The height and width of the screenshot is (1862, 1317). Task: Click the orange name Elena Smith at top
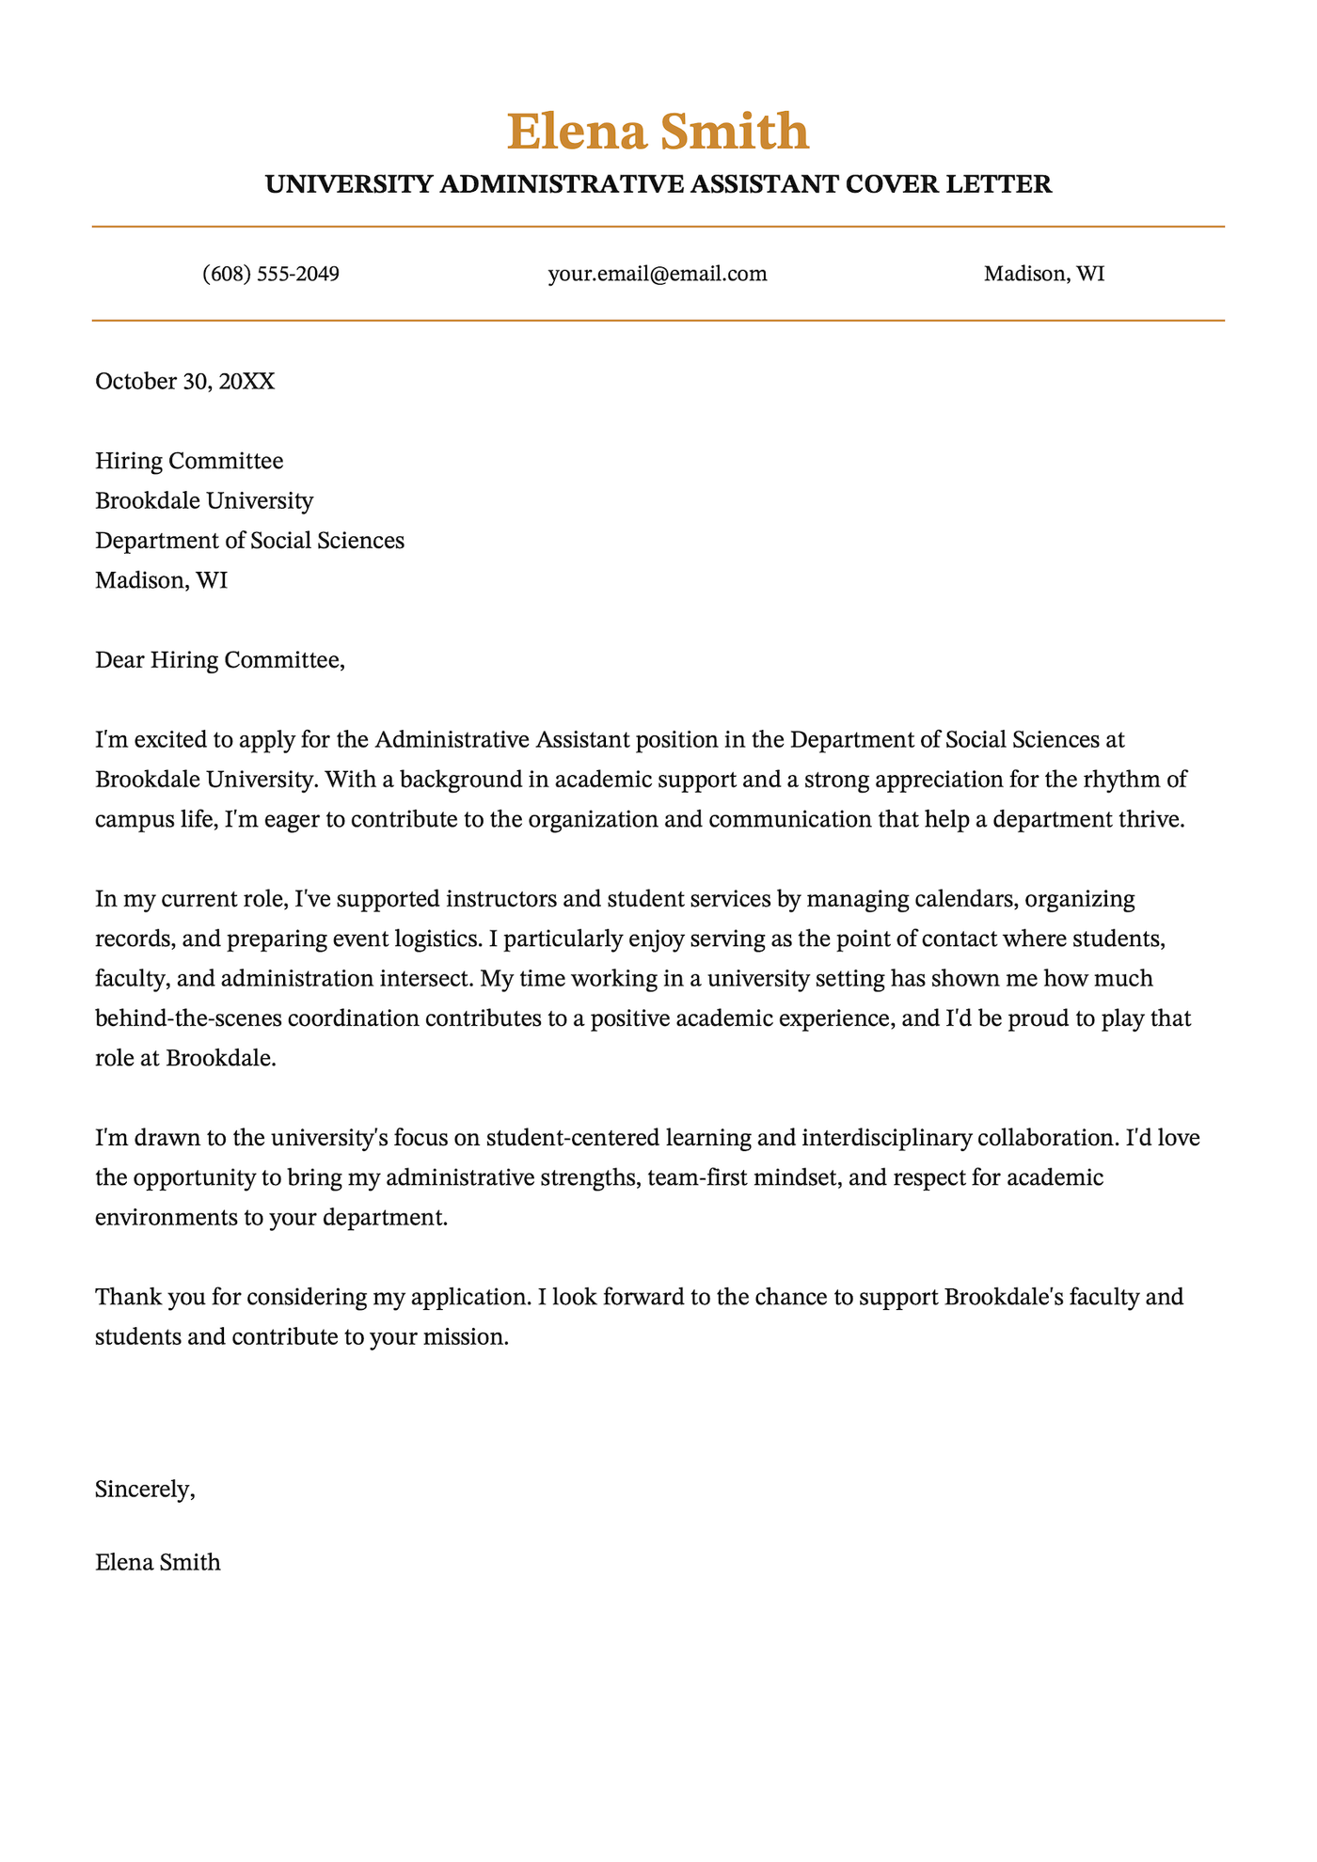point(658,132)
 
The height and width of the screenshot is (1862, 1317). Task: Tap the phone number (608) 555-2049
point(271,275)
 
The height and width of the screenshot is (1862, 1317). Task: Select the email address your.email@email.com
point(658,275)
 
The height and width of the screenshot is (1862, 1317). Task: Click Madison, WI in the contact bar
point(1044,275)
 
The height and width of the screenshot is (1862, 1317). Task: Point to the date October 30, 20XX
point(185,382)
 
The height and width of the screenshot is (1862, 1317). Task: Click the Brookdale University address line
point(204,501)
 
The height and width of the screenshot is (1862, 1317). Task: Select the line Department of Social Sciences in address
point(249,541)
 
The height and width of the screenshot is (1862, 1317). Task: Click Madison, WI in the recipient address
point(161,580)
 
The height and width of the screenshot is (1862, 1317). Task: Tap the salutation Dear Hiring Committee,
point(220,660)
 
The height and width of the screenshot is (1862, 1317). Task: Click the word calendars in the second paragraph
point(965,899)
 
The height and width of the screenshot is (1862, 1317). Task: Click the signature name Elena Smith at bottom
point(158,1563)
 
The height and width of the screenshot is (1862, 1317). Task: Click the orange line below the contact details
point(658,321)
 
